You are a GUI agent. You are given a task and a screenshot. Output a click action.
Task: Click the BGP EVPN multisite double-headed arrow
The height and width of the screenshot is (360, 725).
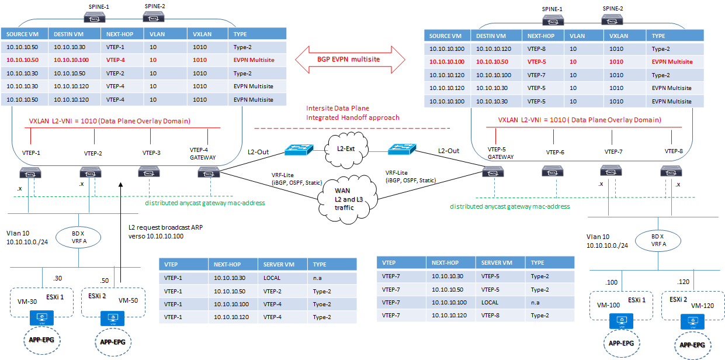pyautogui.click(x=349, y=59)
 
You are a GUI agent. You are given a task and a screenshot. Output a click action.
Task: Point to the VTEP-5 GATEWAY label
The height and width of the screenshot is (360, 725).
pyautogui.click(x=501, y=153)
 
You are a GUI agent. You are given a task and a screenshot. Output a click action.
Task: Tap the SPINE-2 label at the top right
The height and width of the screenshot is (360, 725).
pyautogui.click(x=612, y=10)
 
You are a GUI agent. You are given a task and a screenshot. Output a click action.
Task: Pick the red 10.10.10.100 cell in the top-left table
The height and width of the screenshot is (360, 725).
pyautogui.click(x=74, y=60)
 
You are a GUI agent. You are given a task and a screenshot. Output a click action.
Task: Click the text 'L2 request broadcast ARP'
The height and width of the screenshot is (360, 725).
pyautogui.click(x=165, y=227)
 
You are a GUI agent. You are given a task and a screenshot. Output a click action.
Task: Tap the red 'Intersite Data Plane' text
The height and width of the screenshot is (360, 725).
pyautogui.click(x=338, y=109)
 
